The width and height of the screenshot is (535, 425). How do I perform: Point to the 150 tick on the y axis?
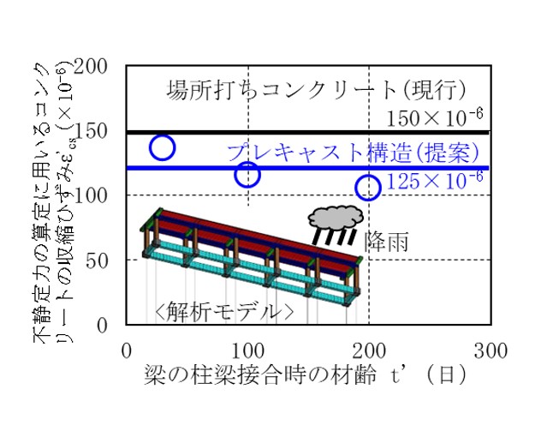[91, 131]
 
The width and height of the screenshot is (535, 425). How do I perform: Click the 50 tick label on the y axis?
[96, 261]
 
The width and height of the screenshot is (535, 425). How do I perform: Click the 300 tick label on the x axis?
[490, 350]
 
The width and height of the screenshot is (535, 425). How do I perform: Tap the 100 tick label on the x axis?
[248, 350]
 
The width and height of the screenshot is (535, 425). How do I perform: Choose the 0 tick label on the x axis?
[126, 350]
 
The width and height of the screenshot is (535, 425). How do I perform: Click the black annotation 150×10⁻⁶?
[435, 117]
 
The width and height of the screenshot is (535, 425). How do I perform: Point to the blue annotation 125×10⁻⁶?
[435, 181]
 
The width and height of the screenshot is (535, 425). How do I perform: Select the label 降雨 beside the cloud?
[386, 241]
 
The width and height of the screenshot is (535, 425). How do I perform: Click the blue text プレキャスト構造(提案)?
[354, 153]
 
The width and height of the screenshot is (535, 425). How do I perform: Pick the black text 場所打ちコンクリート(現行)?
[316, 90]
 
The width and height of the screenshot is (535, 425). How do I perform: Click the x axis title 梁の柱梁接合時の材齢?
[260, 374]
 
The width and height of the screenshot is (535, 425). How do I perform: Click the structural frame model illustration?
[252, 257]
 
